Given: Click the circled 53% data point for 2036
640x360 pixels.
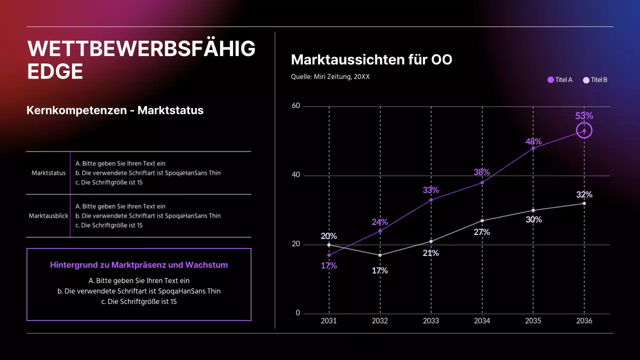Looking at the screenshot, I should click(x=584, y=130).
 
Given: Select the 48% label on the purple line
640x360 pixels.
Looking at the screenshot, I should click(x=533, y=141).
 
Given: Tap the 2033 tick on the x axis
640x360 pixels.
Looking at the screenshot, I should click(x=431, y=320).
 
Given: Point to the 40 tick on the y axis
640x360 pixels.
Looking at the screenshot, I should click(x=295, y=175).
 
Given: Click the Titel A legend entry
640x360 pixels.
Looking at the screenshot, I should click(x=560, y=79).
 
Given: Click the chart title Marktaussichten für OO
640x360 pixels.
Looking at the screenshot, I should click(x=371, y=60).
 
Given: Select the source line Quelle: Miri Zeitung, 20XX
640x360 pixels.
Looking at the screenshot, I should click(x=330, y=76).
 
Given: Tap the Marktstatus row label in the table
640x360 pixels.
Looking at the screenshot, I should click(x=48, y=173).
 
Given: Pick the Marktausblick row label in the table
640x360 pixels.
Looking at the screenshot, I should click(x=48, y=216).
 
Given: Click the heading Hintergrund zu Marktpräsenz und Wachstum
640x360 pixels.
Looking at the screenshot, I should click(x=139, y=265).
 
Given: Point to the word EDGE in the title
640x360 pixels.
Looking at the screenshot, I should click(x=55, y=72).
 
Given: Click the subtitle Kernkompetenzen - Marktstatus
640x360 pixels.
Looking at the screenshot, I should click(x=115, y=110).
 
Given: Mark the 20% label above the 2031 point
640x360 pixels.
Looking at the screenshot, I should click(x=328, y=236).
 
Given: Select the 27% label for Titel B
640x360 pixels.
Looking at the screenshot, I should click(x=481, y=232).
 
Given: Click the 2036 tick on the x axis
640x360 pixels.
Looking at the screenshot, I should click(x=584, y=320).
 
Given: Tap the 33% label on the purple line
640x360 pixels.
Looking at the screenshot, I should click(x=430, y=190).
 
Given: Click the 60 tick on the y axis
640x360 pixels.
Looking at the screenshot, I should click(x=295, y=106).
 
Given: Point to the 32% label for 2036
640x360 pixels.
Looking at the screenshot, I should click(x=584, y=194).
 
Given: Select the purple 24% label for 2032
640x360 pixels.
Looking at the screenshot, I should click(x=379, y=222).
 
